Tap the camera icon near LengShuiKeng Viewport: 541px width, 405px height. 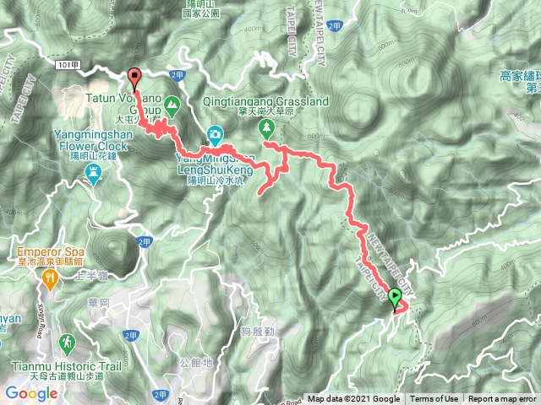click(x=216, y=134)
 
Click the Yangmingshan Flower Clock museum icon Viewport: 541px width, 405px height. click(x=94, y=174)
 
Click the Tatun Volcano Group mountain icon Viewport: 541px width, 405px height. click(x=172, y=106)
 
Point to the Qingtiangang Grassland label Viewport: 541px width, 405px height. click(x=266, y=101)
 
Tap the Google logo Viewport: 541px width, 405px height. click(x=30, y=393)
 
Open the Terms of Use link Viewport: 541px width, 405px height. click(x=434, y=399)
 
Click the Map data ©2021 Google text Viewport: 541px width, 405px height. click(x=354, y=399)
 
